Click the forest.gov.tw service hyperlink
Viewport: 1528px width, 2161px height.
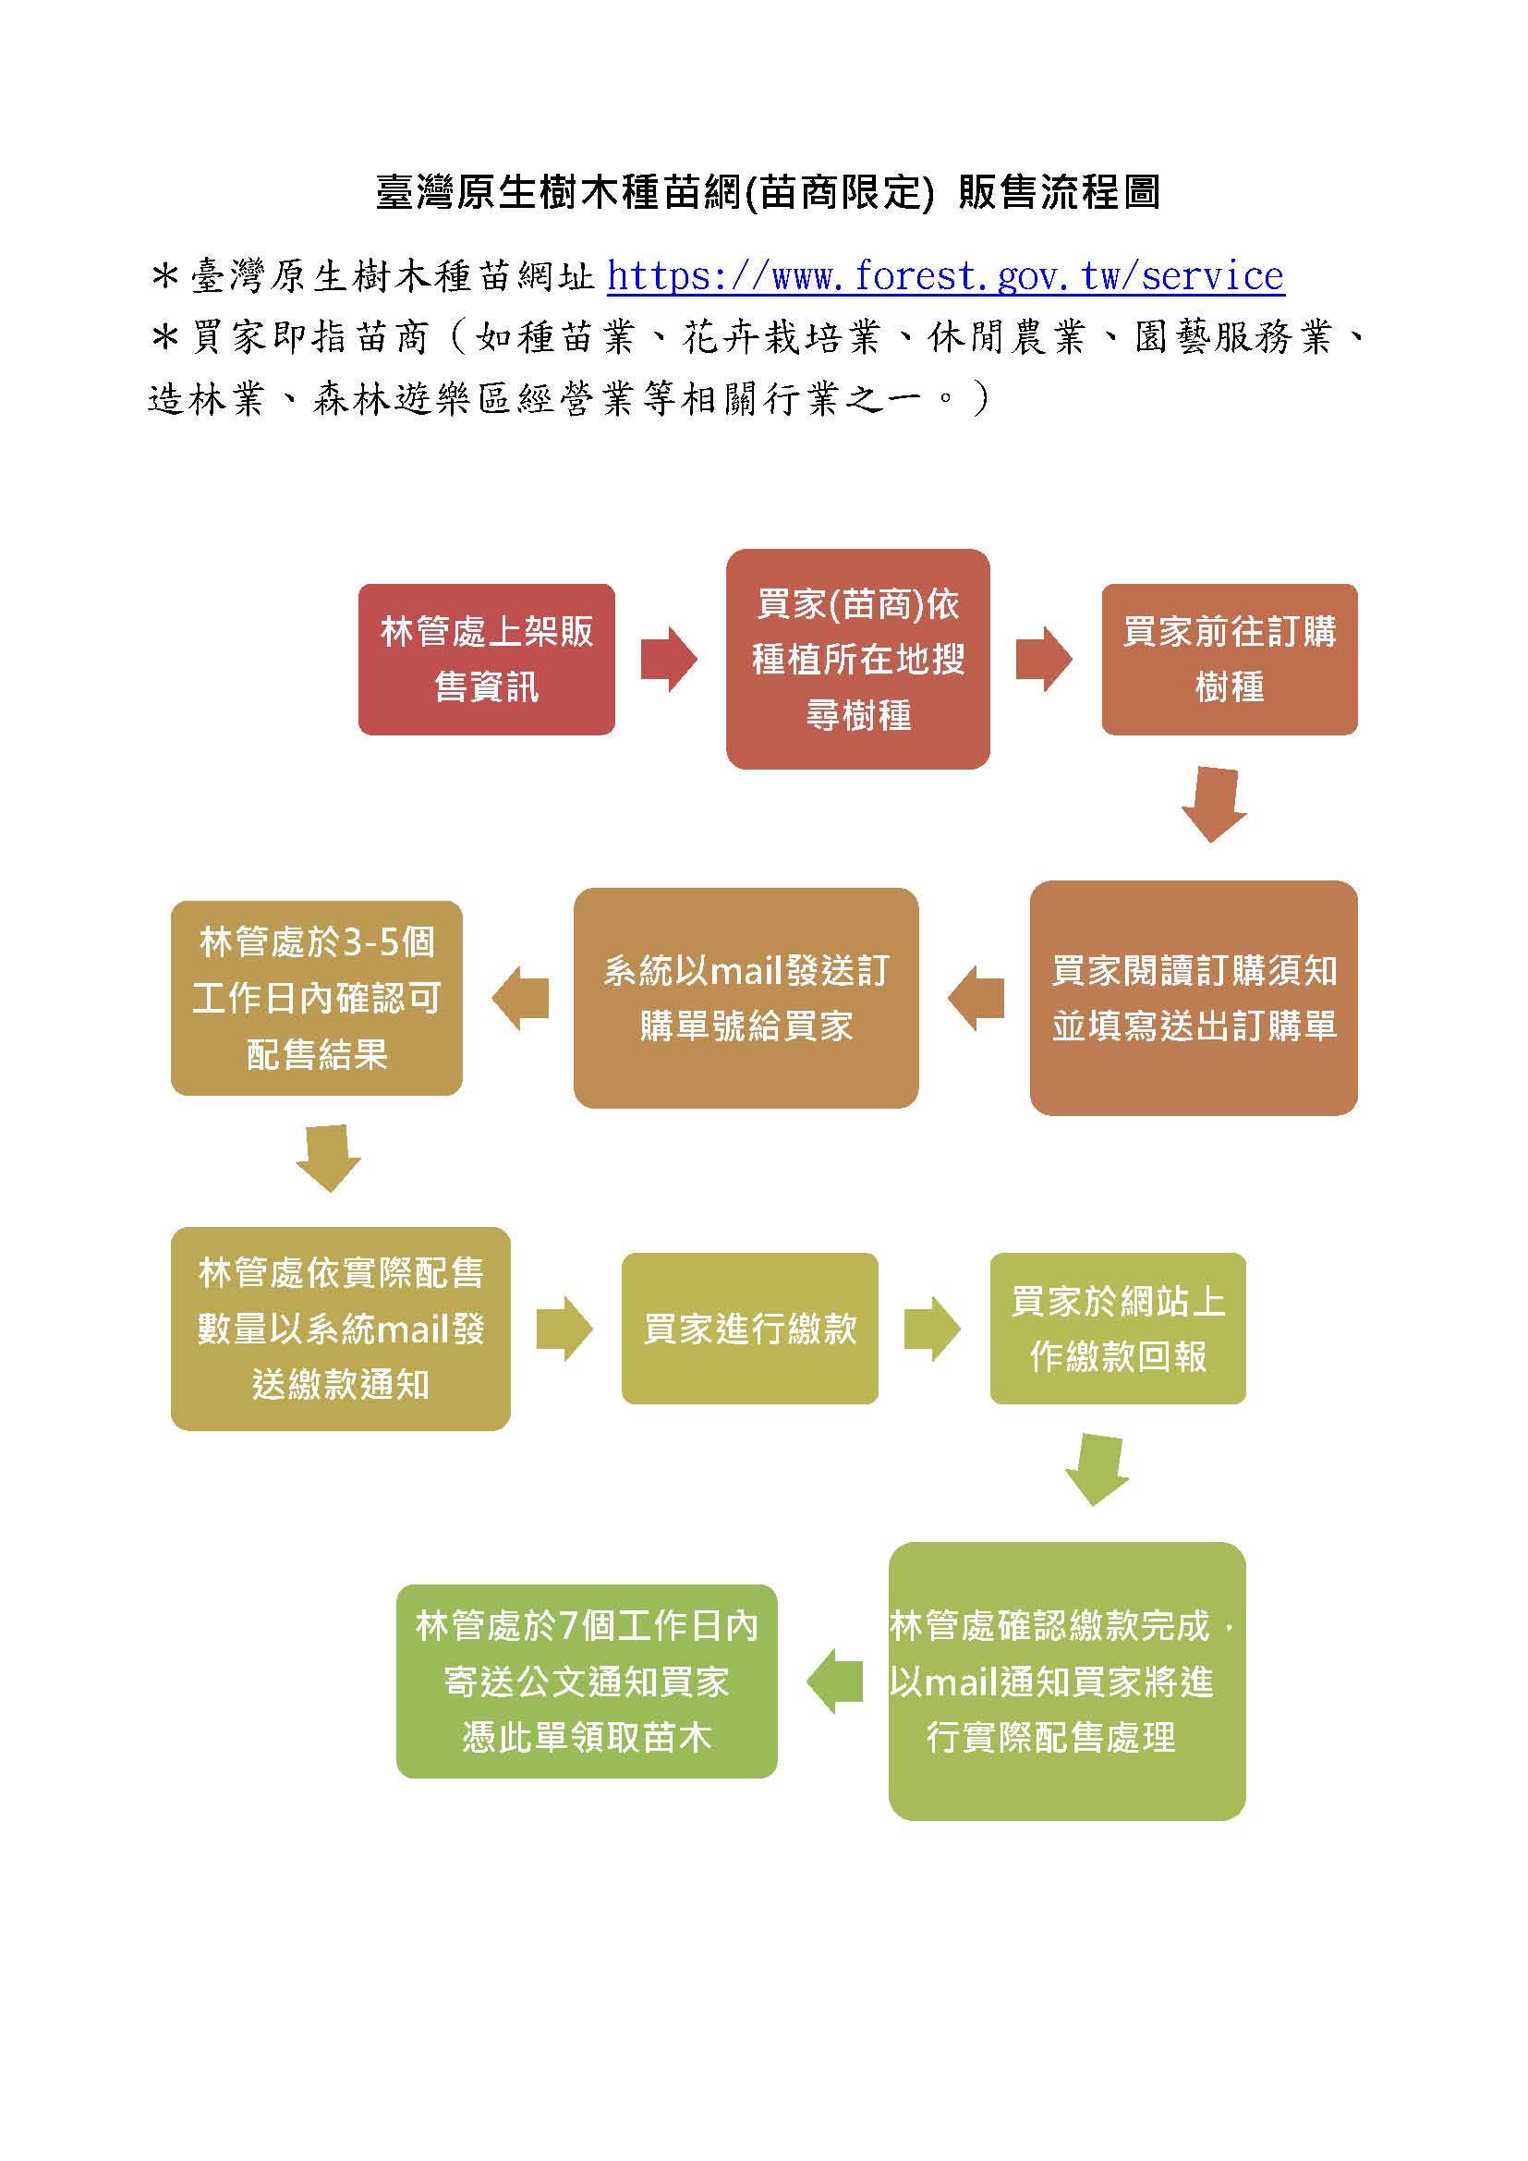945,275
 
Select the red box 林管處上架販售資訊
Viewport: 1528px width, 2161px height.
487,659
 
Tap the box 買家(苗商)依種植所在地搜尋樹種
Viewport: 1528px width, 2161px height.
857,659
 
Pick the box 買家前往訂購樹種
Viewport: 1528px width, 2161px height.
1229,659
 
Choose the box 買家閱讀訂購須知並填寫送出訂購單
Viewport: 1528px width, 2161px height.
1193,998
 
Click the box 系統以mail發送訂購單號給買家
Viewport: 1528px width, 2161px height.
746,998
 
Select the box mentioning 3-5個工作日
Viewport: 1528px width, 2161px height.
316,998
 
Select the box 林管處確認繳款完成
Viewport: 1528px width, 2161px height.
1066,1681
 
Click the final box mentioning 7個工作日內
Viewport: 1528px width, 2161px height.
587,1681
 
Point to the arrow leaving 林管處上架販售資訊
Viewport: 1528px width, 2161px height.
668,659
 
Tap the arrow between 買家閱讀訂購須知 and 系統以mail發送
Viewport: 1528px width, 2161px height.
976,998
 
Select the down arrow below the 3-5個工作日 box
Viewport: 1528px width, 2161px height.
328,1158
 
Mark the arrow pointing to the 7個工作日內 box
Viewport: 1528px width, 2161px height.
833,1681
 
